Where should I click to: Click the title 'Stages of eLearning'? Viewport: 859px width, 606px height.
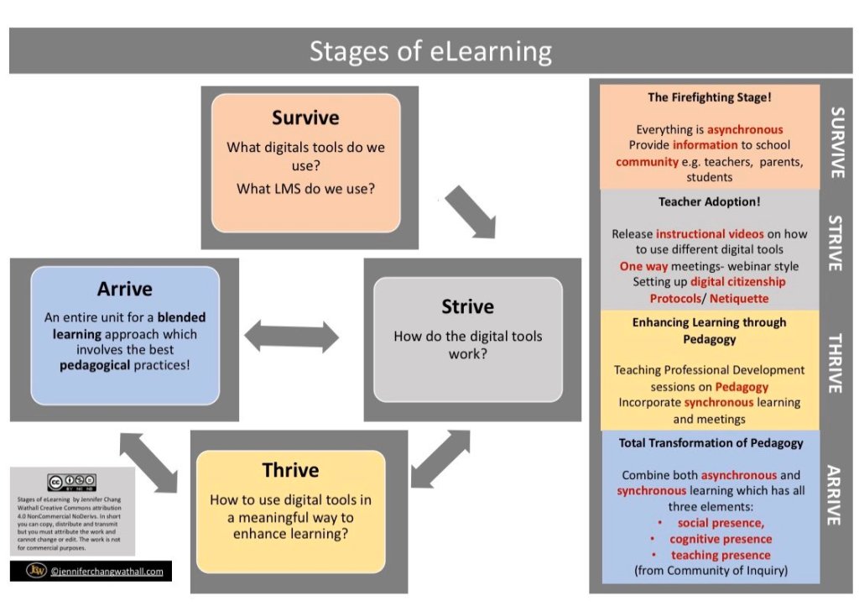tap(430, 51)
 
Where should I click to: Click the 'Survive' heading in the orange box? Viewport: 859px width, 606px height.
tap(305, 117)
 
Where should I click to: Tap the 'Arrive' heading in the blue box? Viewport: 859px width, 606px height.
tap(124, 289)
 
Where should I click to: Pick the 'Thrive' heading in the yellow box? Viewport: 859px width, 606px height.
tap(290, 470)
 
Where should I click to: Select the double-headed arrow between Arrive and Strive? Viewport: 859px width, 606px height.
tap(291, 337)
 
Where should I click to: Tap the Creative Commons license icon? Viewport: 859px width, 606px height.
tap(71, 483)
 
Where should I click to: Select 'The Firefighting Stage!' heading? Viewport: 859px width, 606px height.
tap(709, 97)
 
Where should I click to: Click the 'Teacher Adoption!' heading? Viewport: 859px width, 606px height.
tap(709, 201)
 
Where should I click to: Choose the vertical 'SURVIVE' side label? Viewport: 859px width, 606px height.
tap(835, 141)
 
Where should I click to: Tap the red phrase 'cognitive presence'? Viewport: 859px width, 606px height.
tap(721, 539)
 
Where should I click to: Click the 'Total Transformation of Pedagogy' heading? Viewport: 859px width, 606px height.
tap(711, 442)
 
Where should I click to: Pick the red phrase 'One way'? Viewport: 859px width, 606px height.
tap(643, 266)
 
